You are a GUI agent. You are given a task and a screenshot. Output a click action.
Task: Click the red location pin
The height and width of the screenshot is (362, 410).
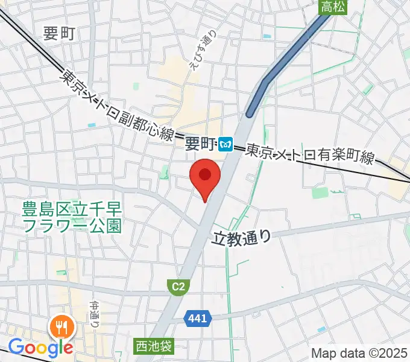pos(204,176)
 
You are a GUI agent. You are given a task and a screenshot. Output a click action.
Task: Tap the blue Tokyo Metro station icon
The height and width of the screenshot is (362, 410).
pos(227,144)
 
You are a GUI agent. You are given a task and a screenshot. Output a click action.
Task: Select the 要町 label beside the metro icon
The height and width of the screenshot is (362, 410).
pos(200,144)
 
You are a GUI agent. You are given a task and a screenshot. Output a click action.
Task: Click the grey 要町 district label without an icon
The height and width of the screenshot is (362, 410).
pos(59,34)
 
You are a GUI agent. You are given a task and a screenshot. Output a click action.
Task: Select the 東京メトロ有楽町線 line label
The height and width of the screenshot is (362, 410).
pos(310,155)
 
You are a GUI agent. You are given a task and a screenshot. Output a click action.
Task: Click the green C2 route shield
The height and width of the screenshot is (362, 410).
pos(177,287)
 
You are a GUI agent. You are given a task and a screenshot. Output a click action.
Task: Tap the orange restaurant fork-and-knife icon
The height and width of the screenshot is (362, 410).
pos(63,328)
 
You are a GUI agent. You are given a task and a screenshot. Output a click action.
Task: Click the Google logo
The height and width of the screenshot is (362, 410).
pos(40,348)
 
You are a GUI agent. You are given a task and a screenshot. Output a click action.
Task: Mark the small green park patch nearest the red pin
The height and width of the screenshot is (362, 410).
pos(163,174)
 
